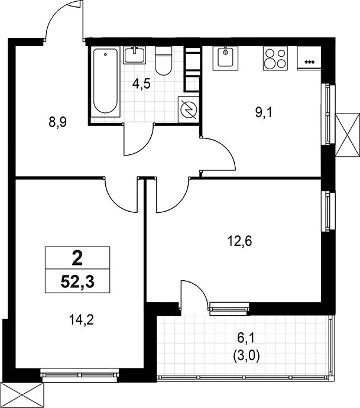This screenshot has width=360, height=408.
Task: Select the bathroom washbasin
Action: [135, 55]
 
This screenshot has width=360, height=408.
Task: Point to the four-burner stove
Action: [273, 58]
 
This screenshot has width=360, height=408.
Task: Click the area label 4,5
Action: [142, 83]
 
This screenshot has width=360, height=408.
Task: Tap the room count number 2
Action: [77, 258]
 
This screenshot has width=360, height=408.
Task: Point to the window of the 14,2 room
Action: [79, 373]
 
